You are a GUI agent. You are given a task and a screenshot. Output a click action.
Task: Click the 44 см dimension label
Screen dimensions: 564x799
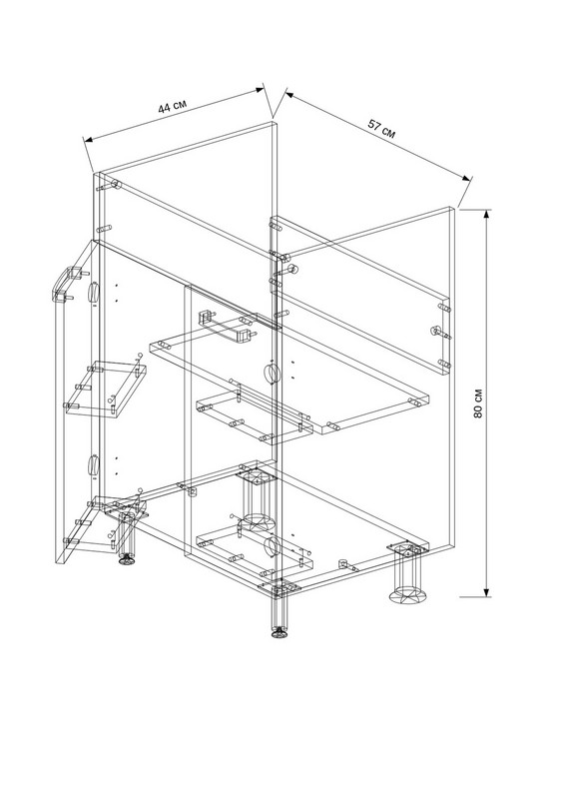[x=173, y=106]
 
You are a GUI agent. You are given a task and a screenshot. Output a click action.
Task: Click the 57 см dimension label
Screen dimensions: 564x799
[x=381, y=129]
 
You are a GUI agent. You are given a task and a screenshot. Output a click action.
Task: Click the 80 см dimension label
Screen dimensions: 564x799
[x=478, y=403]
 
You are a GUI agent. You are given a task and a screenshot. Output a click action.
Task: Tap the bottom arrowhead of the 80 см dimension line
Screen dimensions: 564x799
[x=487, y=590]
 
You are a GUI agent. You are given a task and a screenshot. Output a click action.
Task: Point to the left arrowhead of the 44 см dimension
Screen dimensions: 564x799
[x=89, y=139]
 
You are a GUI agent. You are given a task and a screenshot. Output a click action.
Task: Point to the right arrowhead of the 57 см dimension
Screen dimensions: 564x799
[x=464, y=177]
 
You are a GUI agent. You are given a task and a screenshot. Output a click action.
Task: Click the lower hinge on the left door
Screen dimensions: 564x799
[x=92, y=465]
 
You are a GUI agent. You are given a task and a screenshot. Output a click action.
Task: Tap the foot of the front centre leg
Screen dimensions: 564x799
[x=279, y=633]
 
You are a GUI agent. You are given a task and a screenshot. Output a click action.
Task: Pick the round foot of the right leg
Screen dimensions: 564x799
[x=408, y=594]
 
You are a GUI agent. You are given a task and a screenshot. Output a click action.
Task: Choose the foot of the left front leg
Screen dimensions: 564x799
[x=128, y=560]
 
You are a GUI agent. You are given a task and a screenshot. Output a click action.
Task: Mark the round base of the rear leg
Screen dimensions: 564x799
[x=259, y=521]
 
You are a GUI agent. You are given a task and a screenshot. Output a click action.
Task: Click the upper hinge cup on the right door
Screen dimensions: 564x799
[x=272, y=374]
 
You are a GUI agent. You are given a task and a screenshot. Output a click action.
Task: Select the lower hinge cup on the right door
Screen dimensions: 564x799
[x=272, y=544]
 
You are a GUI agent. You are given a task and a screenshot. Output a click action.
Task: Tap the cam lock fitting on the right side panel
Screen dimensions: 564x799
[x=438, y=332]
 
